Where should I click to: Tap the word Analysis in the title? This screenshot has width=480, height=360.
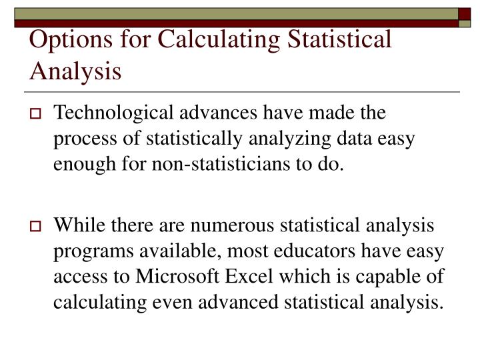[x=75, y=69]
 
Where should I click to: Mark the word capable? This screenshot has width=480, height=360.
[x=396, y=277]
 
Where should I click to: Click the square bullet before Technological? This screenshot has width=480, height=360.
[x=37, y=115]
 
